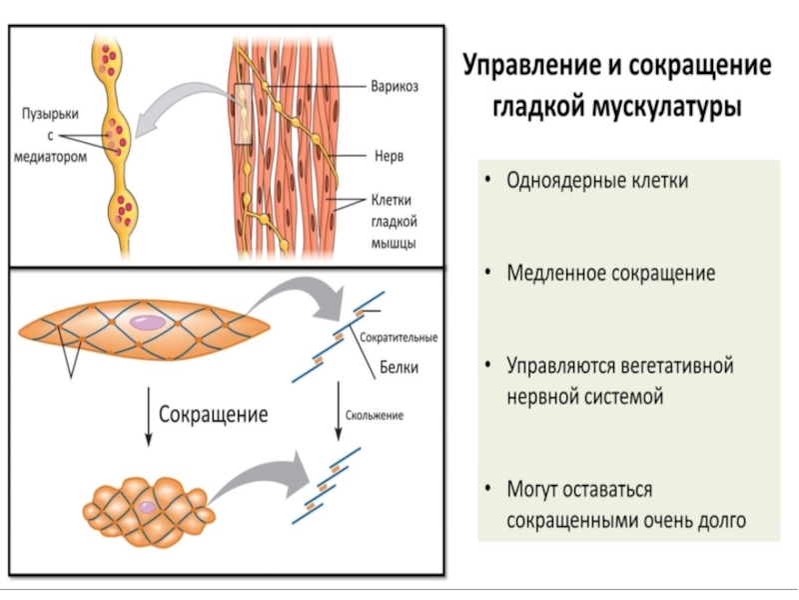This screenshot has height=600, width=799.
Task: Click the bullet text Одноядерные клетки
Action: tap(597, 181)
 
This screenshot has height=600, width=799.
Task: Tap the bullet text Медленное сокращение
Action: tap(610, 273)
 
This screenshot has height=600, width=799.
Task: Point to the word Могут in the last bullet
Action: tap(534, 490)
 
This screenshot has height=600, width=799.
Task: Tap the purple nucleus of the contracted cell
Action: tap(147, 507)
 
